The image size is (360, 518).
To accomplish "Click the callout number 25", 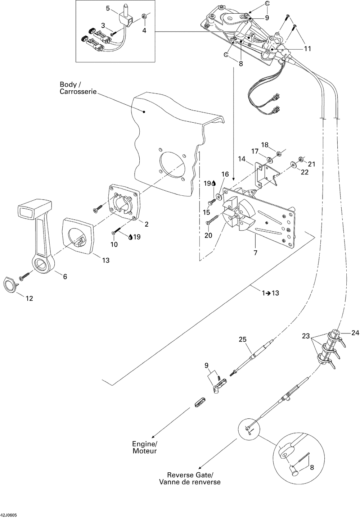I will [x=243, y=339].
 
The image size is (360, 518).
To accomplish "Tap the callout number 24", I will [x=355, y=333].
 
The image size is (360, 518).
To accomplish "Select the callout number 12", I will [x=29, y=298].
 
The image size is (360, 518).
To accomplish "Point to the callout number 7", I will [x=255, y=253].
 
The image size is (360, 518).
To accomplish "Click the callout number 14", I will [x=242, y=158].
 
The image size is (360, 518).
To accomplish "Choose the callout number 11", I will [x=307, y=49].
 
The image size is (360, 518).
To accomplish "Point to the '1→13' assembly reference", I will [x=270, y=293].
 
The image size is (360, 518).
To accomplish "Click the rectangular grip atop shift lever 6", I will [x=30, y=209].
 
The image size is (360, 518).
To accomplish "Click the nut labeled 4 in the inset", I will [x=144, y=16].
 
